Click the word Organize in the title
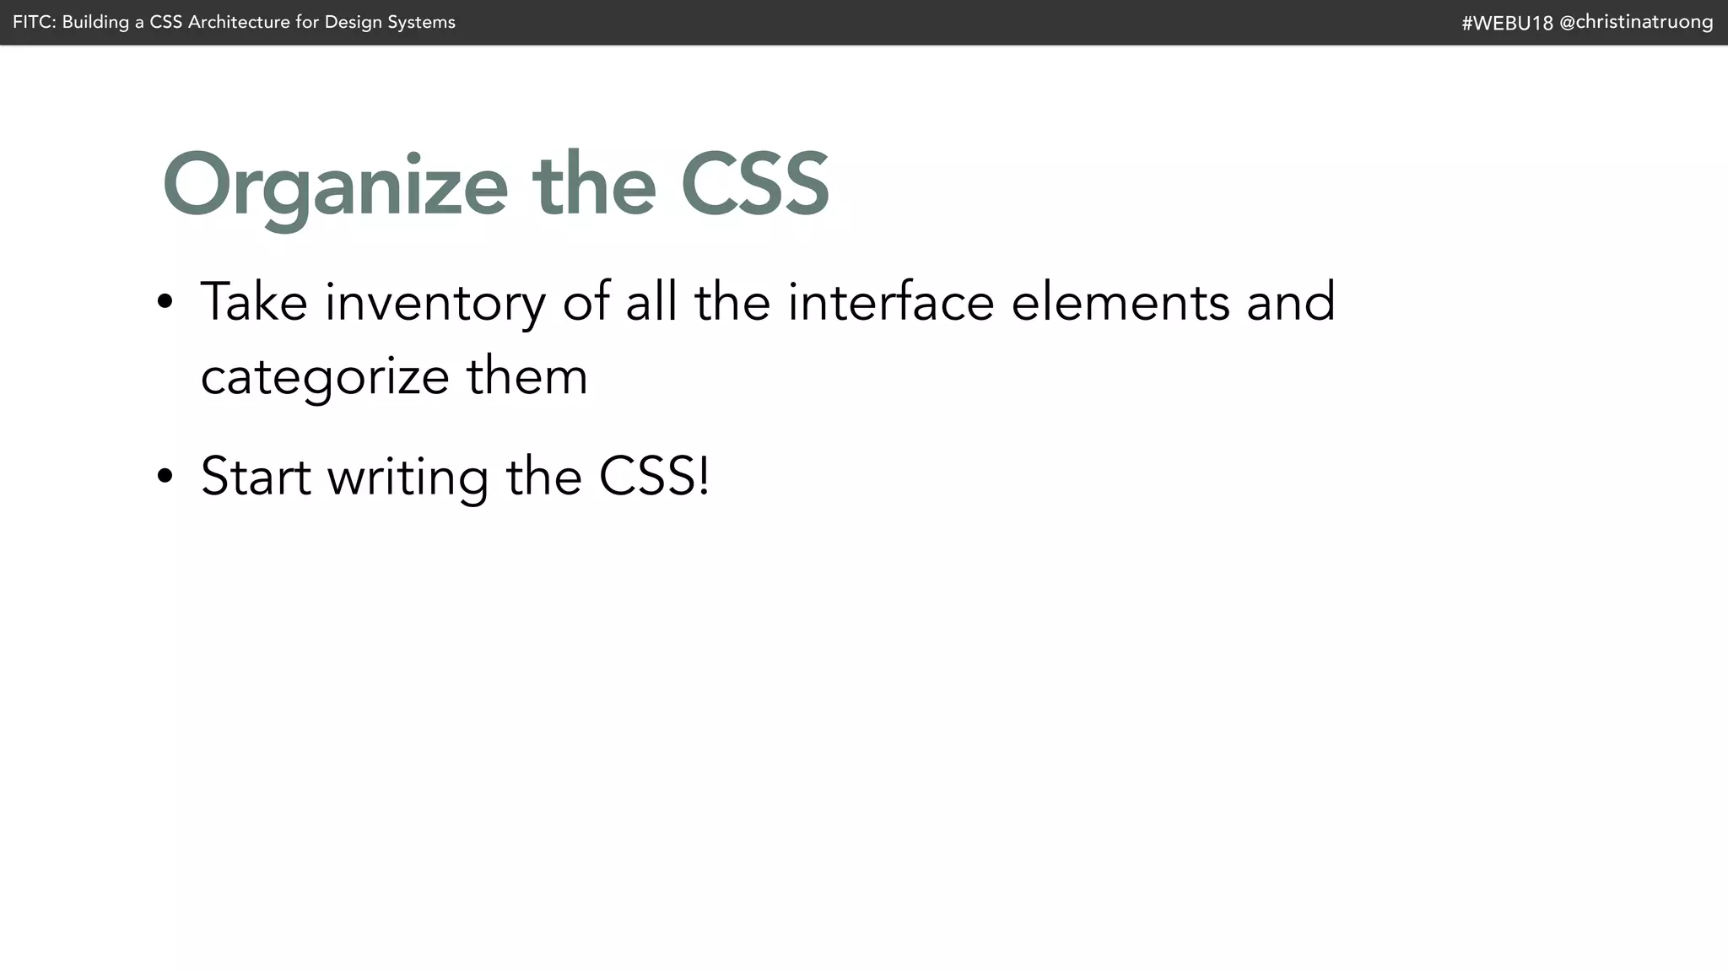335,186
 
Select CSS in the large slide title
754,184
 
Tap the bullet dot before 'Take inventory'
165,302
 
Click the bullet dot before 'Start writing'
165,476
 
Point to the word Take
254,301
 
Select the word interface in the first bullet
891,301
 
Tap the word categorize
325,377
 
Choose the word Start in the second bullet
256,476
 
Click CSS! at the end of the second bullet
654,476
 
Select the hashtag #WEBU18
1507,23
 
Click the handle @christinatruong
1636,23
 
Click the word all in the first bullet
651,301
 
